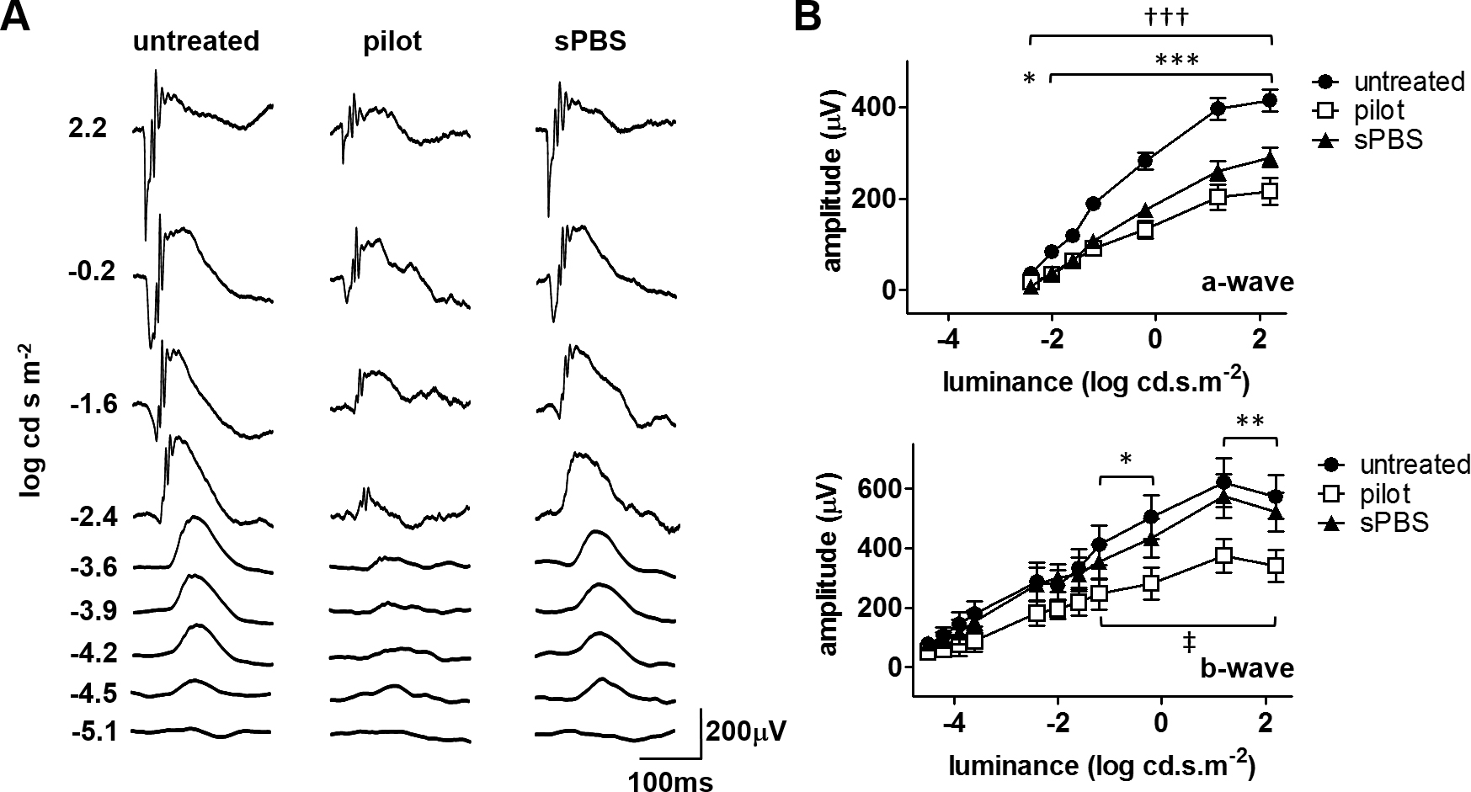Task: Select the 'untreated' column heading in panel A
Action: coord(196,41)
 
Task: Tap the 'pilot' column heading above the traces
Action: coord(392,42)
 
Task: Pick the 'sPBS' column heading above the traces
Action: coord(584,41)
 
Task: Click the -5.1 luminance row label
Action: coord(96,731)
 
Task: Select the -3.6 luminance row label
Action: coord(96,567)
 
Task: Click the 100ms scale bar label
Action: coord(670,782)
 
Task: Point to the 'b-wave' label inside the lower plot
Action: coord(1246,668)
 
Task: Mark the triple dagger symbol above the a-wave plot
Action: coord(1150,19)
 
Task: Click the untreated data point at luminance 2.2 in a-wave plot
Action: coord(1270,101)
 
